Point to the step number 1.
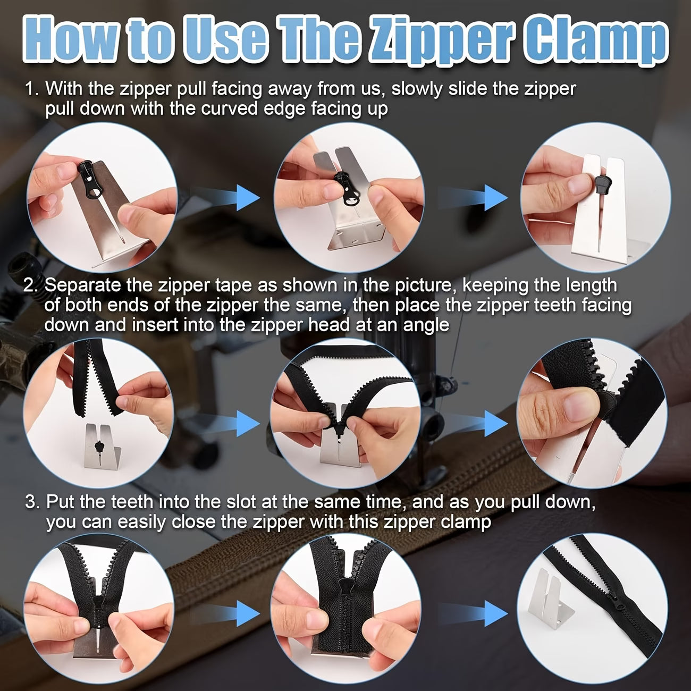31,89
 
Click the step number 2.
31,285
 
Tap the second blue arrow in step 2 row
488,425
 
